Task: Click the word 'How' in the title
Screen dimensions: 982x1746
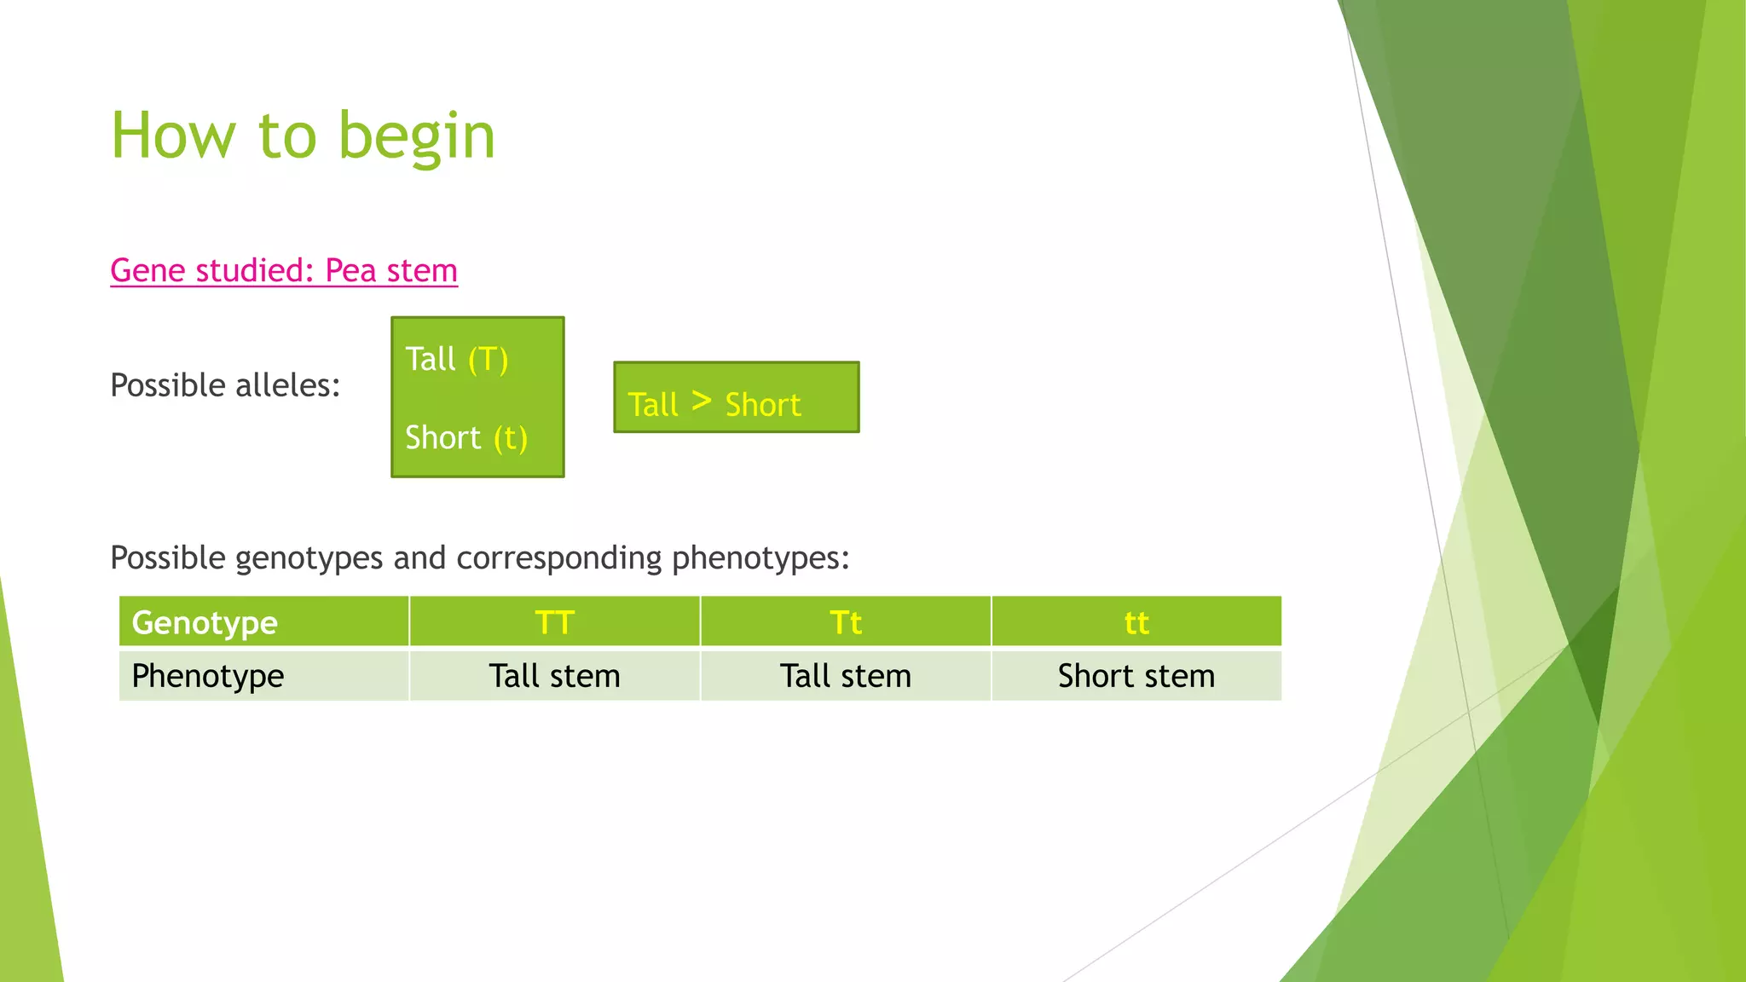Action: click(x=173, y=136)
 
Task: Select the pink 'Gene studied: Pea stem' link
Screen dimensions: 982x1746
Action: click(x=284, y=271)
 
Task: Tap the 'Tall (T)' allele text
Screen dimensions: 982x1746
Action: click(x=456, y=359)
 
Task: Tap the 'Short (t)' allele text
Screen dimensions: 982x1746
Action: click(x=465, y=438)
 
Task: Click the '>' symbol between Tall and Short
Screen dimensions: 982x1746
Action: click(x=701, y=401)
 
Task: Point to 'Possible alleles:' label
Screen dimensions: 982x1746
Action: click(x=225, y=385)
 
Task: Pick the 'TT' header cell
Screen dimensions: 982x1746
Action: click(x=554, y=622)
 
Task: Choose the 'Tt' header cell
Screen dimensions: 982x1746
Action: click(x=845, y=622)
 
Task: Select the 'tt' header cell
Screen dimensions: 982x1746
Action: click(x=1136, y=622)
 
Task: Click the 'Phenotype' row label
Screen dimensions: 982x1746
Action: click(x=207, y=676)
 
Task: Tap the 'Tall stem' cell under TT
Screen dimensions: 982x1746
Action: click(x=554, y=676)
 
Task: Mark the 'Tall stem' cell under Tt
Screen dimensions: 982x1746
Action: click(x=845, y=676)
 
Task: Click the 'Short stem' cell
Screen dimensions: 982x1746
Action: click(x=1136, y=676)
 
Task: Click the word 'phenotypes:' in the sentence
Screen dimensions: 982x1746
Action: click(x=760, y=558)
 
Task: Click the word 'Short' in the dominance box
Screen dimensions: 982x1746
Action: click(x=762, y=405)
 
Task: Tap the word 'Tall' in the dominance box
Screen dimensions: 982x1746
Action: click(x=653, y=405)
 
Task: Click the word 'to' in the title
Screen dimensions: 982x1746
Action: click(x=286, y=136)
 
